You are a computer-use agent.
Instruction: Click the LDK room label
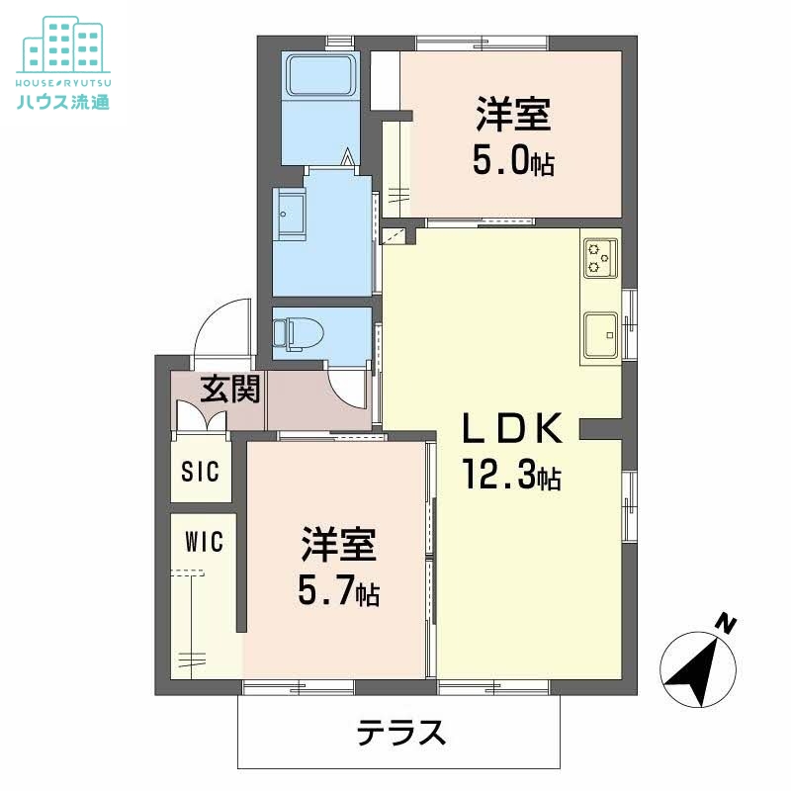514,429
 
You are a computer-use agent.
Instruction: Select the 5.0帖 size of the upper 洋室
512,161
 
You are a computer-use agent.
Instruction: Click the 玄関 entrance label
231,390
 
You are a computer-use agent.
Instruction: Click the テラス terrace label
401,733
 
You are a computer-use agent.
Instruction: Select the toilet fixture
297,333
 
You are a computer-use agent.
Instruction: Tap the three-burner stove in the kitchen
601,257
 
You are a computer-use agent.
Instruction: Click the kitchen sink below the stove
601,333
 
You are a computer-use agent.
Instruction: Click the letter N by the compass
727,623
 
